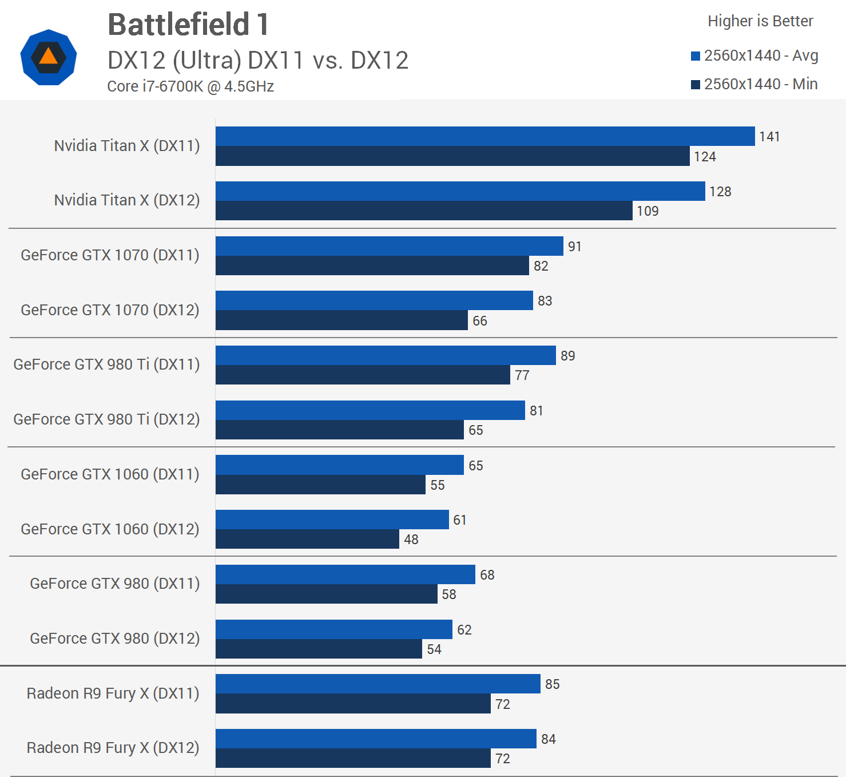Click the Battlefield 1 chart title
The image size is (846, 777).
188,25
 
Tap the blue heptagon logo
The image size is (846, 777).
49,57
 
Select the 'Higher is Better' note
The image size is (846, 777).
760,21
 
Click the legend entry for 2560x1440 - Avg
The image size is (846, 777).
754,55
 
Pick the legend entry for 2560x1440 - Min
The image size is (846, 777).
754,84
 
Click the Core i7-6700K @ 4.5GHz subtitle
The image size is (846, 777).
190,86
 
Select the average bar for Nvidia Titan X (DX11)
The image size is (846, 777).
485,136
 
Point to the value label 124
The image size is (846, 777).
705,157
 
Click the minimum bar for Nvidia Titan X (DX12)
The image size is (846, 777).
424,211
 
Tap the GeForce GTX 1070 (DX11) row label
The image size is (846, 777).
110,255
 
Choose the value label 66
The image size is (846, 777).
480,321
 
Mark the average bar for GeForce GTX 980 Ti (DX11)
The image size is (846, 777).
386,355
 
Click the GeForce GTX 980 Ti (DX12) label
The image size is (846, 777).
106,419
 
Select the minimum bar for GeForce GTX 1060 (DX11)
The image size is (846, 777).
320,485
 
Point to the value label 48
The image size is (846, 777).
411,540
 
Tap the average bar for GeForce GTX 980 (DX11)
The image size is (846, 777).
345,574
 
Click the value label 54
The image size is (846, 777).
434,649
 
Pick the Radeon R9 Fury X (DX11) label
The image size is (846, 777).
113,693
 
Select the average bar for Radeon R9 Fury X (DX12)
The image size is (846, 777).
376,739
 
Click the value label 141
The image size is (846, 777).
769,137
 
